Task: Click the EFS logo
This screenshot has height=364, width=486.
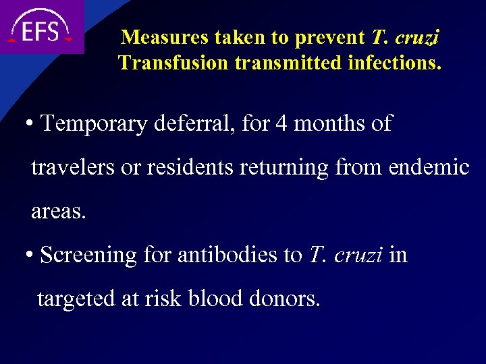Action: (40, 28)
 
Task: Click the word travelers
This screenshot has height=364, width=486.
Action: (73, 167)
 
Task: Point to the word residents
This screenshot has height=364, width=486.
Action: (186, 167)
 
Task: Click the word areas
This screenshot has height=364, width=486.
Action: (58, 212)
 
